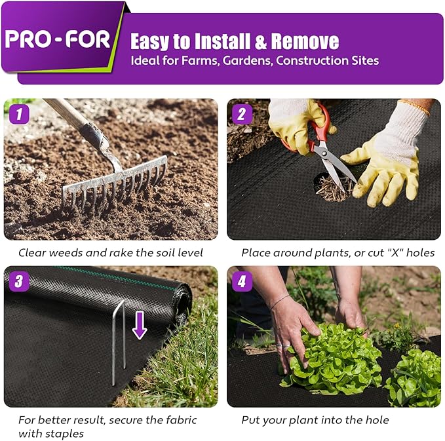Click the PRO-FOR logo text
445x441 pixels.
[58, 39]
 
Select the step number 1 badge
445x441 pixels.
[20, 115]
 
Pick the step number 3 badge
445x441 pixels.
[20, 282]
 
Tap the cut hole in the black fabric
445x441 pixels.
[331, 187]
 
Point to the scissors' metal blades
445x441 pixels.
[338, 168]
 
